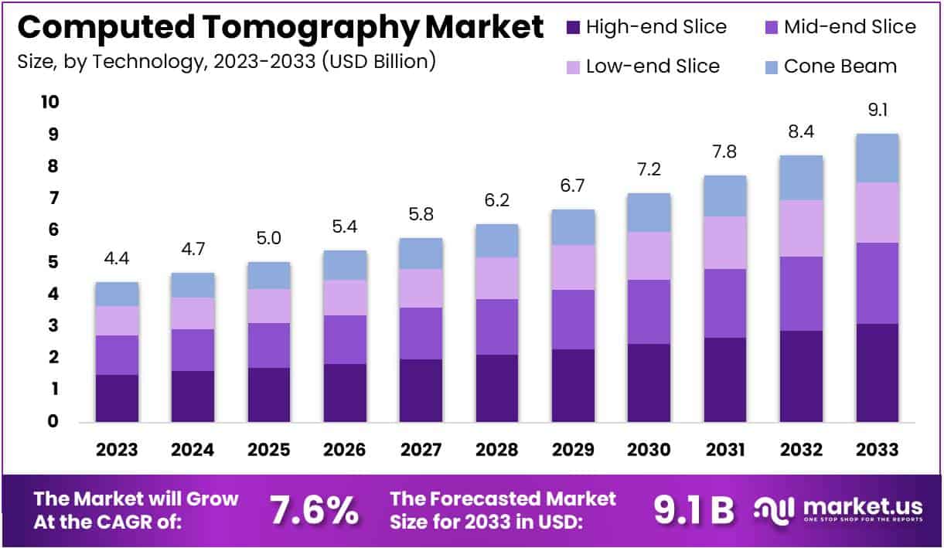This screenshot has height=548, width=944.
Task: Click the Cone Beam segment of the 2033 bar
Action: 877,158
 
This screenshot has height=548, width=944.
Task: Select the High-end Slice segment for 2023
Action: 117,398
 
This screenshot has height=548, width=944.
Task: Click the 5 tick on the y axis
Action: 53,262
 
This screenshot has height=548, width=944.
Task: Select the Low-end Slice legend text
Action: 653,66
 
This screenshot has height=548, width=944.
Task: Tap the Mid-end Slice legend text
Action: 850,27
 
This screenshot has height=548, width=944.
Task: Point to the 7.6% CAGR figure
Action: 314,510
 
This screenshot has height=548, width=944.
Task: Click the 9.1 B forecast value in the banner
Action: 694,510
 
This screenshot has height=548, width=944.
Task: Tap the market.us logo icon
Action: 773,509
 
